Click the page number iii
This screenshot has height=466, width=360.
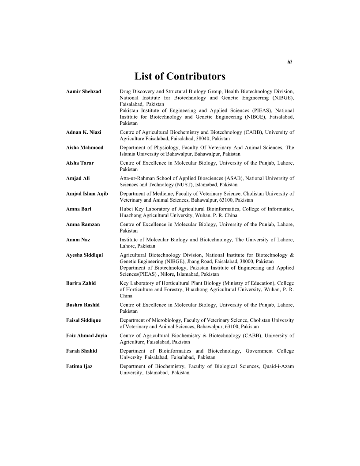[x=289, y=62]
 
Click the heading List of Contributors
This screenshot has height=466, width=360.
[x=180, y=76]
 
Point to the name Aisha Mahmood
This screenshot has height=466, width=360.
[x=85, y=147]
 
